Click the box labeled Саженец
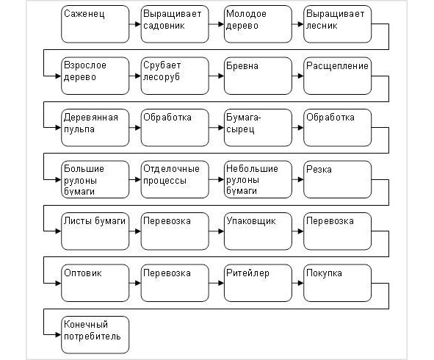click(x=95, y=24)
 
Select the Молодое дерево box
click(x=258, y=24)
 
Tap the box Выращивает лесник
click(x=337, y=24)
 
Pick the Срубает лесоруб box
click(x=175, y=76)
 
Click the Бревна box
click(x=258, y=76)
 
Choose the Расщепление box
click(x=337, y=76)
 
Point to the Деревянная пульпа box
click(x=95, y=128)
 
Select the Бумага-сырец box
click(x=258, y=128)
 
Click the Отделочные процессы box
click(x=175, y=179)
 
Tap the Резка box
click(x=337, y=179)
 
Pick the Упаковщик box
click(x=258, y=231)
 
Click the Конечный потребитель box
click(x=95, y=335)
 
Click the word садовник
click(x=164, y=26)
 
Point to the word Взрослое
click(x=85, y=65)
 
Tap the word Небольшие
click(x=252, y=168)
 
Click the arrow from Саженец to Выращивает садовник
click(x=135, y=24)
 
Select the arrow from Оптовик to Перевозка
click(x=135, y=283)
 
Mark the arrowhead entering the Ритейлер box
click(x=221, y=283)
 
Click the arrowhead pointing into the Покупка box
click(x=301, y=283)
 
